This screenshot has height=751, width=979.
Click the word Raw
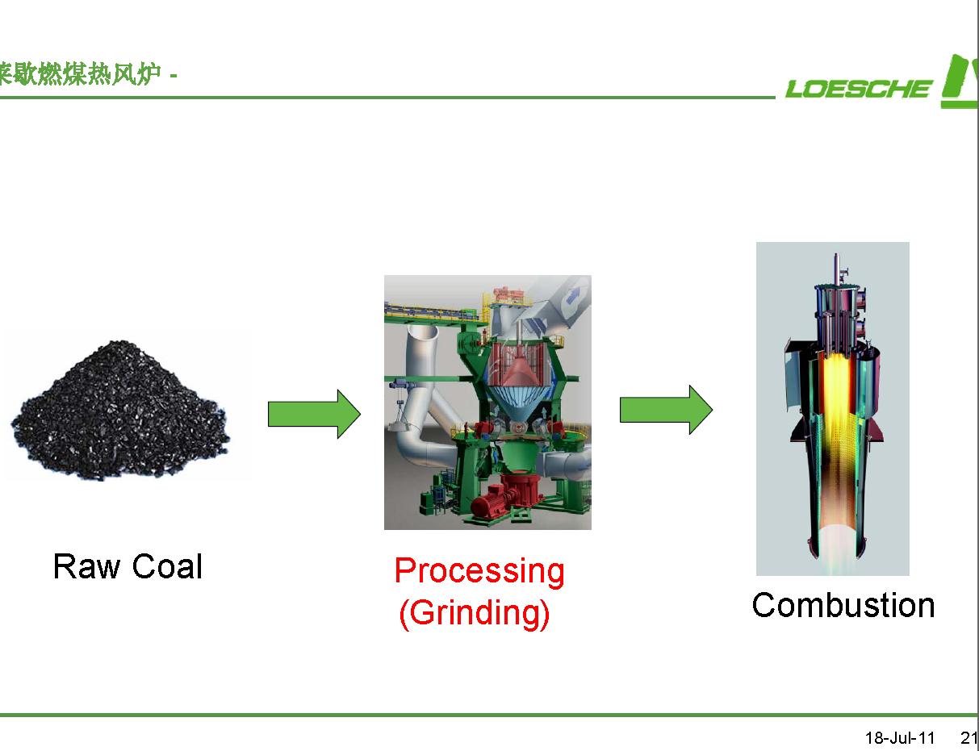[x=86, y=566]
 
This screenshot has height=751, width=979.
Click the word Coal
[x=167, y=566]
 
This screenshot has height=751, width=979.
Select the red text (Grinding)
[x=475, y=613]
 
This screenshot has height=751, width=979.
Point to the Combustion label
[x=843, y=605]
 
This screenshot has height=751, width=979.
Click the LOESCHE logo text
[x=858, y=88]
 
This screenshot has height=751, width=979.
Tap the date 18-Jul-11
[x=900, y=738]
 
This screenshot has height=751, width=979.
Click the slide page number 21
[x=969, y=738]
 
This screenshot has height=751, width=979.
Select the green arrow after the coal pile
[x=314, y=415]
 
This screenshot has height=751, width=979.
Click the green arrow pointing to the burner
[x=666, y=410]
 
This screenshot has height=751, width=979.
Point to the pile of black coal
[x=120, y=411]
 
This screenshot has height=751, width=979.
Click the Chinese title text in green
[x=80, y=74]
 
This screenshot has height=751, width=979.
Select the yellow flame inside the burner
[x=835, y=415]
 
